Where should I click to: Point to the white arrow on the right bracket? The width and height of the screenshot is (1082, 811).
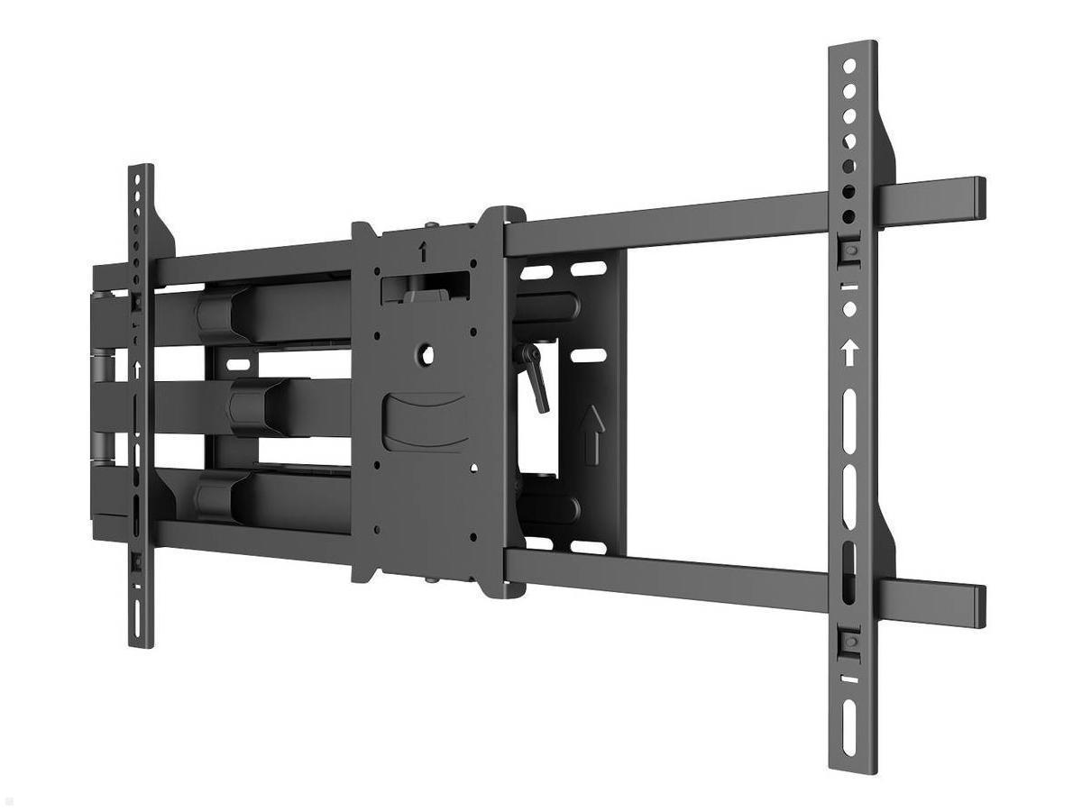848,352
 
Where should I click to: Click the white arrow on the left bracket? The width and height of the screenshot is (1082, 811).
138,369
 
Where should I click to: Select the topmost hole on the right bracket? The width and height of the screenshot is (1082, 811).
848,67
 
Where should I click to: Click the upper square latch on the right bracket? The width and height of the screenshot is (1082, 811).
849,251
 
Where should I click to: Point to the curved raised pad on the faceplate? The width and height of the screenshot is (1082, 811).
424,421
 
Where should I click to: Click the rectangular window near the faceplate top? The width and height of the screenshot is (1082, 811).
424,287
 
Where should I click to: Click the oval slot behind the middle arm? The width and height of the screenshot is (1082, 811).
239,365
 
